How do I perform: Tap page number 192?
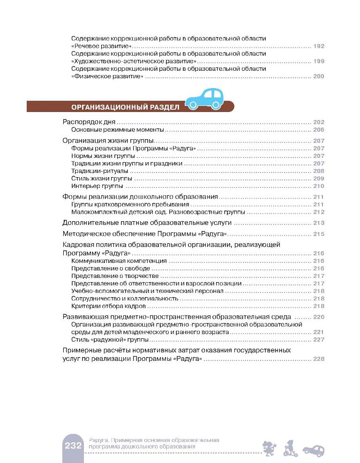tap(318, 46)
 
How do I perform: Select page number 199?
tap(318, 61)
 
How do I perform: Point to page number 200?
tap(318, 76)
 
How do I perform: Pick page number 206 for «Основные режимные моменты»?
tap(318, 130)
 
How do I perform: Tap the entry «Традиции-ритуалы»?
tap(93, 171)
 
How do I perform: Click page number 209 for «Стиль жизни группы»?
tap(318, 179)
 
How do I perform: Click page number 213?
tap(318, 223)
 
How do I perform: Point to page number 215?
tap(318, 234)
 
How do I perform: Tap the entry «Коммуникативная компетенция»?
tap(119, 261)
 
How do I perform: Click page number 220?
tap(318, 317)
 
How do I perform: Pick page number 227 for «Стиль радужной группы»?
tap(318, 339)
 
